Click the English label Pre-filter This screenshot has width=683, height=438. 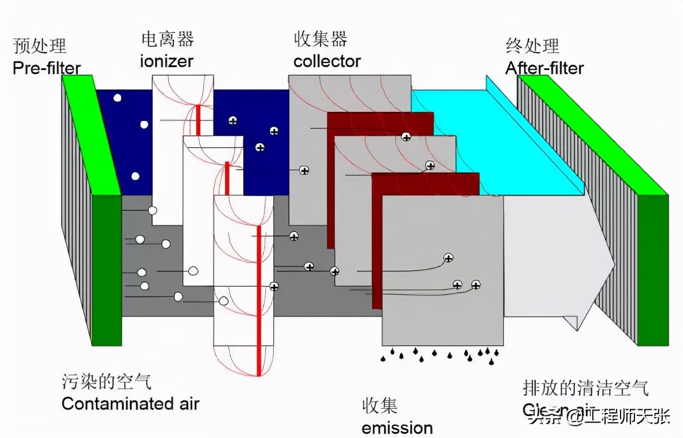(47, 68)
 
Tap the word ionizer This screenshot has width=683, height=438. (166, 61)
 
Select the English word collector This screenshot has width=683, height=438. (327, 61)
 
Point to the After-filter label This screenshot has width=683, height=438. (544, 68)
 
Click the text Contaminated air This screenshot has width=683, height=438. (131, 403)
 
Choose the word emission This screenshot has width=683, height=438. (397, 427)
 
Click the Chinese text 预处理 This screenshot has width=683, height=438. (40, 46)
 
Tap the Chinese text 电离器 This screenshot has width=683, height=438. (168, 39)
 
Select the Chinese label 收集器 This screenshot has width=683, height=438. (321, 39)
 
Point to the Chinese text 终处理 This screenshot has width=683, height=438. (533, 46)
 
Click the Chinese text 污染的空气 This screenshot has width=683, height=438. (107, 382)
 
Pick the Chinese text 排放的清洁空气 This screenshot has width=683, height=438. (585, 388)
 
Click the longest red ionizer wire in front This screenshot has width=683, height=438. (259, 298)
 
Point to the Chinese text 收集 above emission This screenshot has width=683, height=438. (380, 406)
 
